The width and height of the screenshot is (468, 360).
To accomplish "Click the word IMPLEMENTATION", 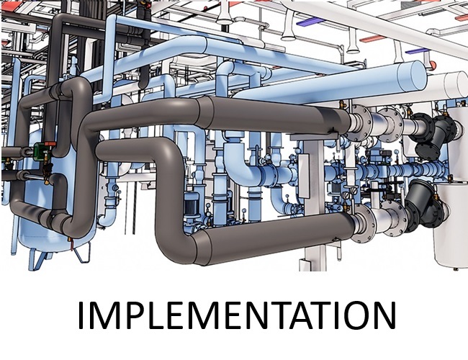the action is pos(237,315).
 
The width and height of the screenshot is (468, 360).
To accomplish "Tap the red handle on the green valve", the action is pos(50,144).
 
